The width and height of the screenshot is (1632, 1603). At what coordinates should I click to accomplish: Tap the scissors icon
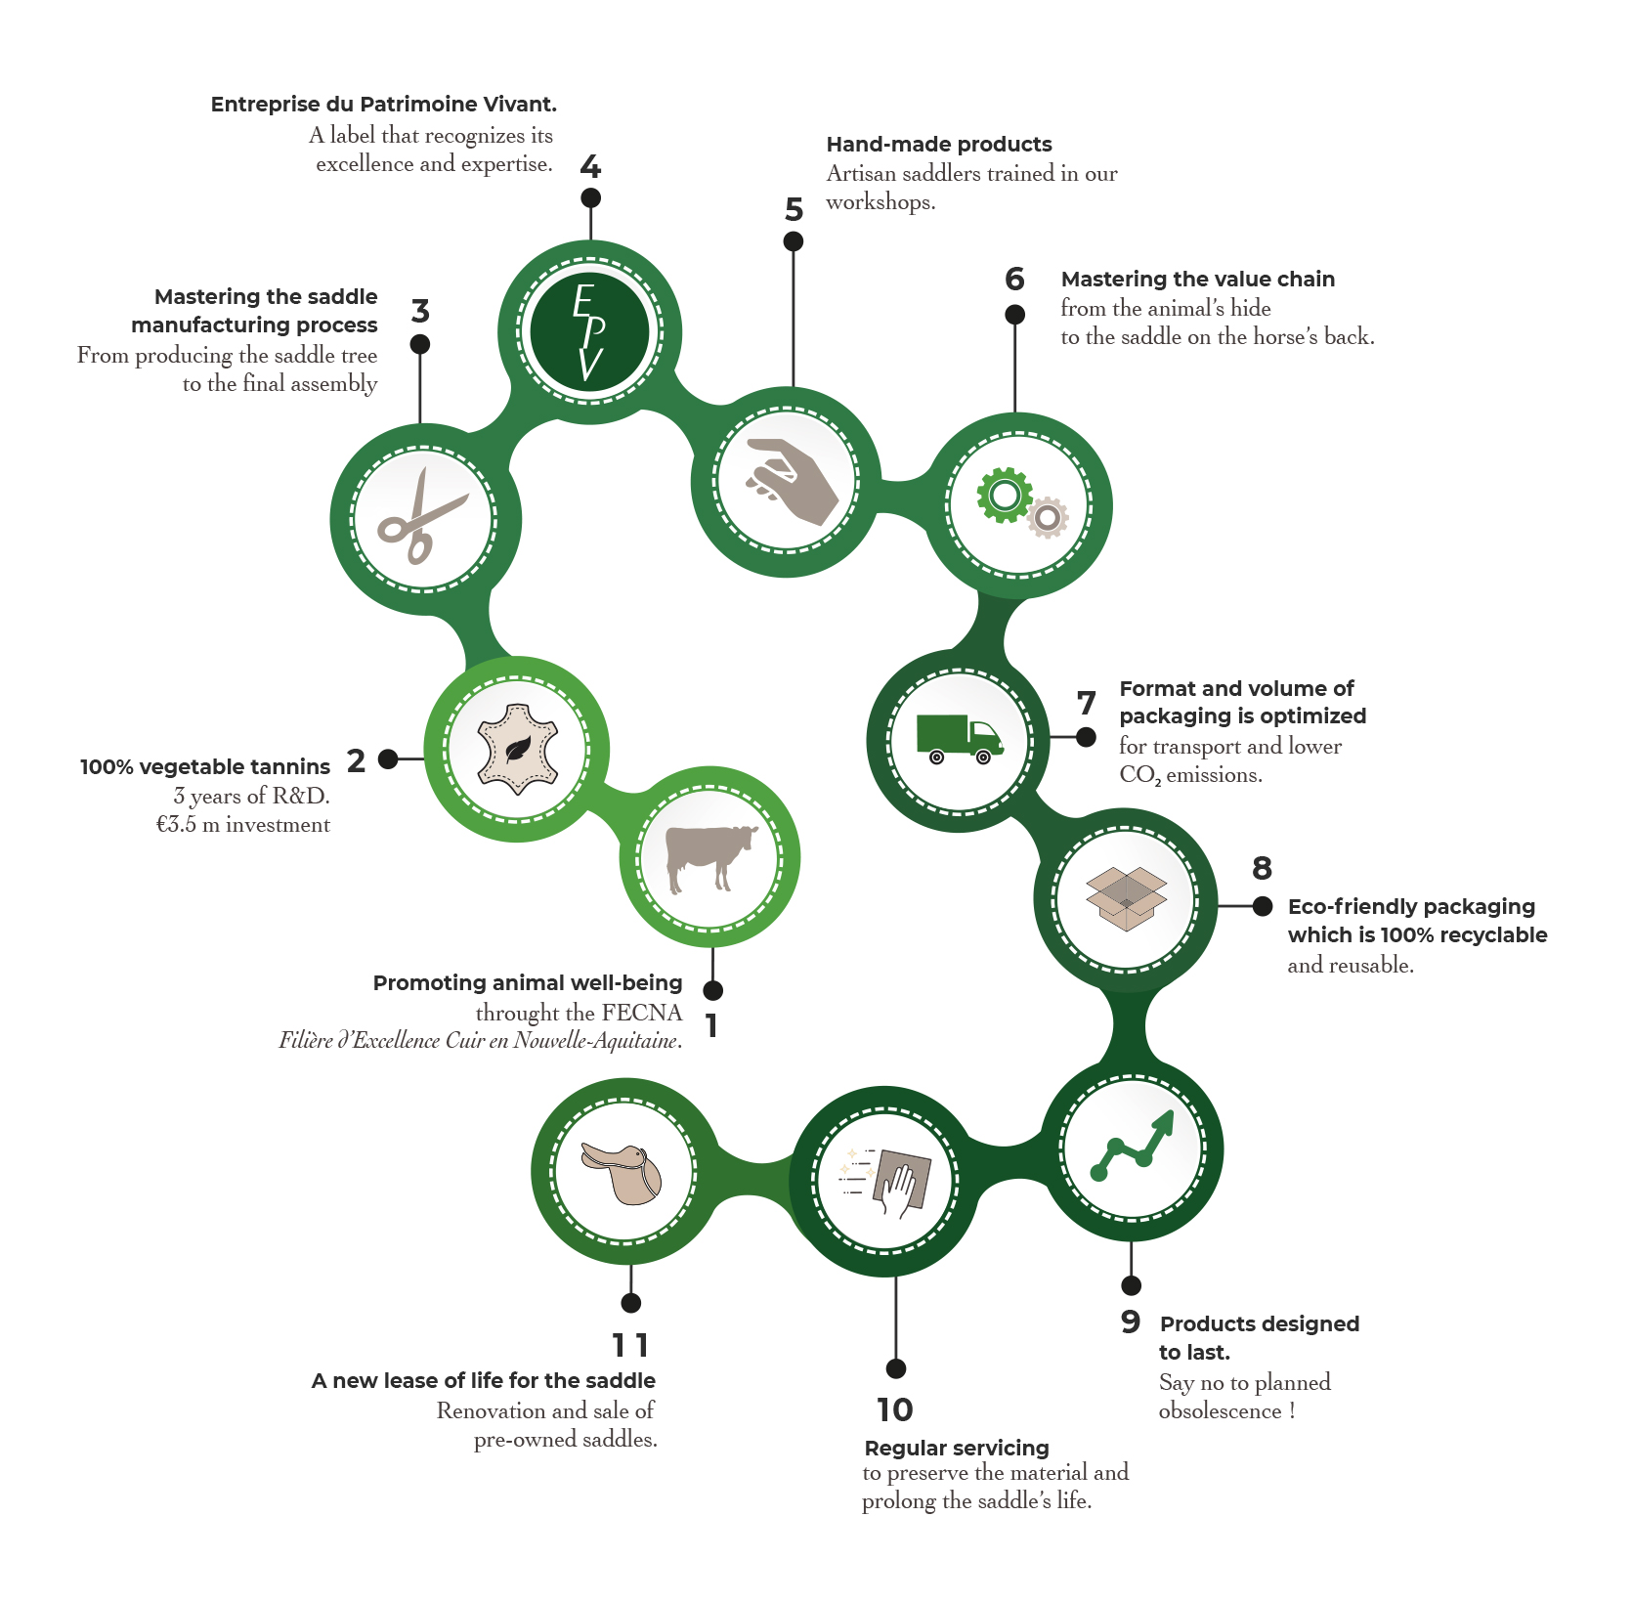click(x=422, y=518)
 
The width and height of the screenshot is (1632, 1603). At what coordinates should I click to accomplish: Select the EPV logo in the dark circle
click(x=589, y=332)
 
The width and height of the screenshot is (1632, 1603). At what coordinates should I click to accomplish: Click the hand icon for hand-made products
click(x=790, y=480)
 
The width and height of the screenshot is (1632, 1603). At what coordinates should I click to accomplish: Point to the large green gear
click(x=1004, y=495)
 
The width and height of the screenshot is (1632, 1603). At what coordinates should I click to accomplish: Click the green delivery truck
click(x=959, y=739)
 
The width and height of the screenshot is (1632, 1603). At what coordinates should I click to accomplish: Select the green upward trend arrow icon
click(x=1134, y=1147)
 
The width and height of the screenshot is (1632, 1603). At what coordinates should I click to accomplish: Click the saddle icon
click(x=623, y=1172)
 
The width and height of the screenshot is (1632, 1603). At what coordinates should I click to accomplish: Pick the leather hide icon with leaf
click(x=517, y=751)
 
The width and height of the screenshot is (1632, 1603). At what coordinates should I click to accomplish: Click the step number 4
click(x=590, y=167)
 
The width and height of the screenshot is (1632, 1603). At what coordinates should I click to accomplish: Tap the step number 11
click(x=630, y=1346)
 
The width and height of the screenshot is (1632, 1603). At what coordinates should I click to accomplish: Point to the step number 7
click(x=1086, y=703)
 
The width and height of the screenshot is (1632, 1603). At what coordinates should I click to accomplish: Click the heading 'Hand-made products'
click(x=939, y=145)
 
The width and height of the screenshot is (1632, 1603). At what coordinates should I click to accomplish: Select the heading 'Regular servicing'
click(x=957, y=1448)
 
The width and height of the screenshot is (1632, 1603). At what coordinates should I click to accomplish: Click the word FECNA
click(x=642, y=1013)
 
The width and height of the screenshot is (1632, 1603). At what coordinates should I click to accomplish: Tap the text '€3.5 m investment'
click(x=243, y=825)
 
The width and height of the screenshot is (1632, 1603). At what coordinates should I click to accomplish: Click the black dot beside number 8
click(x=1263, y=906)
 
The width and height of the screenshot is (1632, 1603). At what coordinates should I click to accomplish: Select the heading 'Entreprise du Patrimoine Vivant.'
click(x=384, y=105)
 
